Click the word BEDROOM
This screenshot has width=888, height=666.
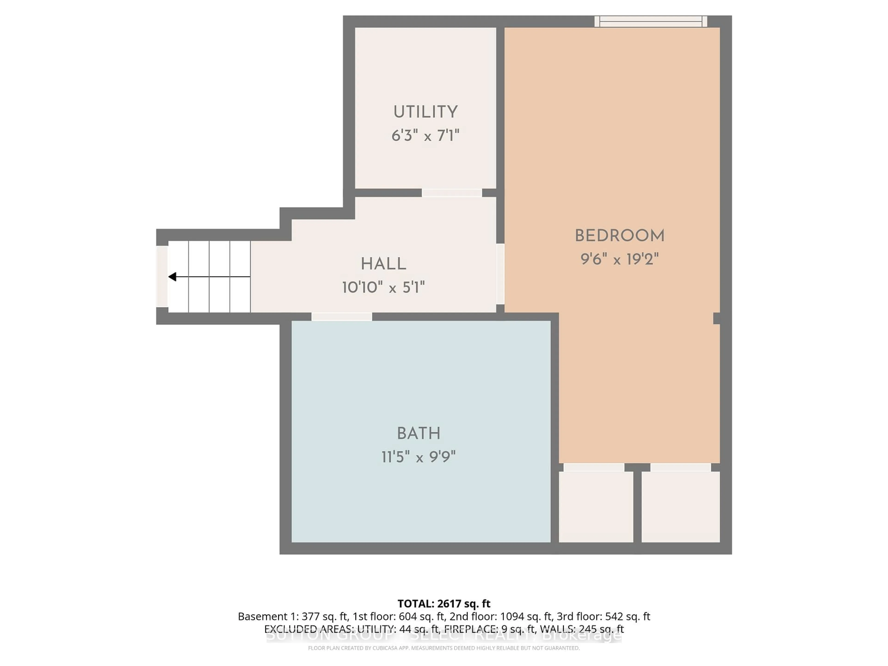620,236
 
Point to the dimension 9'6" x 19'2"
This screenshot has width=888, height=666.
620,259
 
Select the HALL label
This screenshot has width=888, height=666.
383,264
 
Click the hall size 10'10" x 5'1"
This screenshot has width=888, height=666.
383,287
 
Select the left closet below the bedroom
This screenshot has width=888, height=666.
596,507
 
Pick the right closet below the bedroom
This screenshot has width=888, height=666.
680,507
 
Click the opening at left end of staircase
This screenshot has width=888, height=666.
162,277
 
